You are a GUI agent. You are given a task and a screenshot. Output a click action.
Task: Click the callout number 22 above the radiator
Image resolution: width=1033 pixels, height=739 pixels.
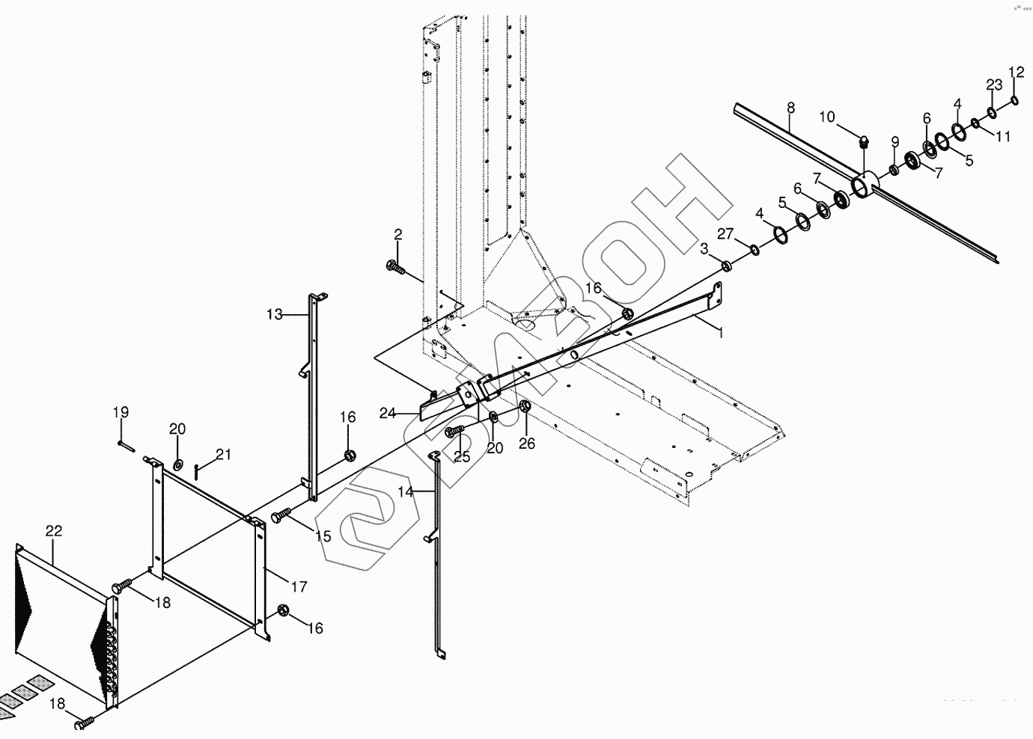(54, 531)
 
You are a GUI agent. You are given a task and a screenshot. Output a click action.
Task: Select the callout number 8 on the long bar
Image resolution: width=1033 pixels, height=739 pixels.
(791, 108)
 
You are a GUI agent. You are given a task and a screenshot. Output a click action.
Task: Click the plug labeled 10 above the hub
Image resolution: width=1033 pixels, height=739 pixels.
(864, 140)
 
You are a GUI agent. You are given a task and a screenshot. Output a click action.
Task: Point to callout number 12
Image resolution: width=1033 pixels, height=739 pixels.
(1016, 73)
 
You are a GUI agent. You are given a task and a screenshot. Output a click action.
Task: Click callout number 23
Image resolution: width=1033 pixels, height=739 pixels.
(993, 85)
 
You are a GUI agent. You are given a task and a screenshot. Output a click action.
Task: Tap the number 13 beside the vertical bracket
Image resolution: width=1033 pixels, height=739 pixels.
(275, 314)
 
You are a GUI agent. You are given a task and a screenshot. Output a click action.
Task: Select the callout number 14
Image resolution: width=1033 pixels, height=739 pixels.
(405, 492)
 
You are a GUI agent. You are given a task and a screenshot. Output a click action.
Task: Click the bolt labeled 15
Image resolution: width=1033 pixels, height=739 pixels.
(278, 516)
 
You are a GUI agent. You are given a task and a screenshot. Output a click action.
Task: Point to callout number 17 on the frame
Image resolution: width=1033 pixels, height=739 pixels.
(299, 587)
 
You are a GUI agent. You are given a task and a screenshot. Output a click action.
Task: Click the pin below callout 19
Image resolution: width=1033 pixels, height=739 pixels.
(125, 447)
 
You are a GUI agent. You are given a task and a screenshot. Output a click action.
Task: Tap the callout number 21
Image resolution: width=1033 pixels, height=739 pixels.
(224, 455)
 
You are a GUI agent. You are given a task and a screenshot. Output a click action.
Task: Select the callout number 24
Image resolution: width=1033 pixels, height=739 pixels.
(387, 413)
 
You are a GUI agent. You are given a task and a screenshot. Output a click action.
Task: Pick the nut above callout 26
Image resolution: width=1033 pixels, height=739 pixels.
(525, 406)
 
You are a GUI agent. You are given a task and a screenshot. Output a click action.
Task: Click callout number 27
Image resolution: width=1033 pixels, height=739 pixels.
(725, 234)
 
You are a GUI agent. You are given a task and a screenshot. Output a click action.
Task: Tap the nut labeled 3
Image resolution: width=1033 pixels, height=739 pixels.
(726, 266)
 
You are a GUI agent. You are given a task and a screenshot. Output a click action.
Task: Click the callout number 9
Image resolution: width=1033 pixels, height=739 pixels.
(895, 142)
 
